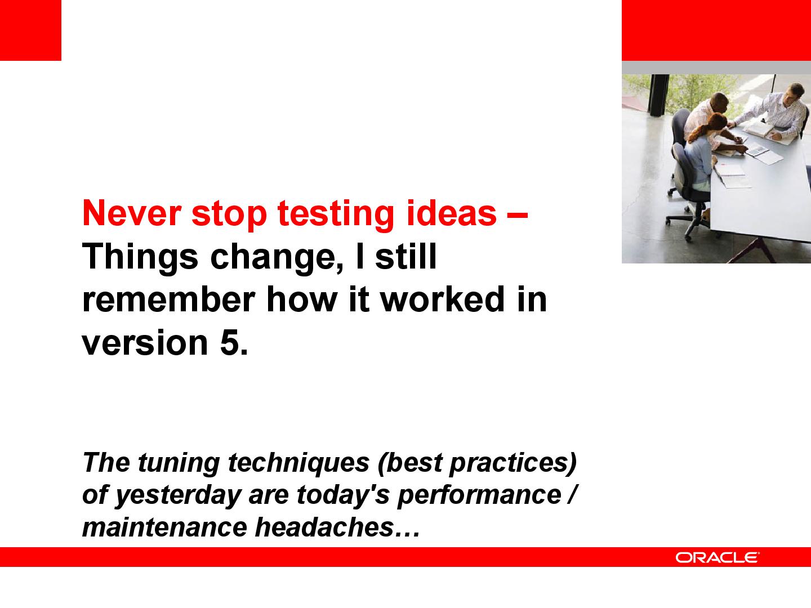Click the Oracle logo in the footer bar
[x=717, y=557]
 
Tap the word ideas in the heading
[x=452, y=213]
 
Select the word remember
[x=168, y=299]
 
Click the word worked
[x=443, y=299]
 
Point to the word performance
[x=479, y=496]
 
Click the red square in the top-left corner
[x=30, y=30]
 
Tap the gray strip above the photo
[x=716, y=68]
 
